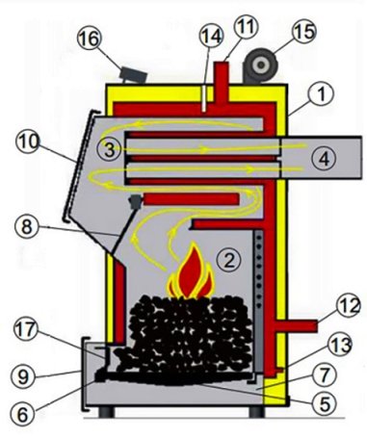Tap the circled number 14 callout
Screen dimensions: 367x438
(211, 36)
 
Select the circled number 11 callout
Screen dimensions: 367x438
(247, 27)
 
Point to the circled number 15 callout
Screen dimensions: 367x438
(304, 32)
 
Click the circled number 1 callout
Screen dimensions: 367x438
(322, 93)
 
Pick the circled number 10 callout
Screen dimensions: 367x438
(28, 142)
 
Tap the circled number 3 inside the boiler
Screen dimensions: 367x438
(109, 149)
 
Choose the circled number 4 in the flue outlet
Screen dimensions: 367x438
(325, 159)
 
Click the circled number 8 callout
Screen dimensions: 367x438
(27, 226)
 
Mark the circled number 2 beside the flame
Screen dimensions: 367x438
(228, 260)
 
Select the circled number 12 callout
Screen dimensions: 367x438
(349, 307)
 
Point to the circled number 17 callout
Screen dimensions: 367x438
(26, 331)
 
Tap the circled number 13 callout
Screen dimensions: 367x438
(340, 347)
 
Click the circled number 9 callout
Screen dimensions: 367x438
(23, 376)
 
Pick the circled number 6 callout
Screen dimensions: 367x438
(23, 415)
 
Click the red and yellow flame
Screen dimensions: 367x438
(191, 272)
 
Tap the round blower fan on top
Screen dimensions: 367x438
(260, 65)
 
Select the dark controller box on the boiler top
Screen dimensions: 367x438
(133, 75)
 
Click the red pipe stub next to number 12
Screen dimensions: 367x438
(296, 326)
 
